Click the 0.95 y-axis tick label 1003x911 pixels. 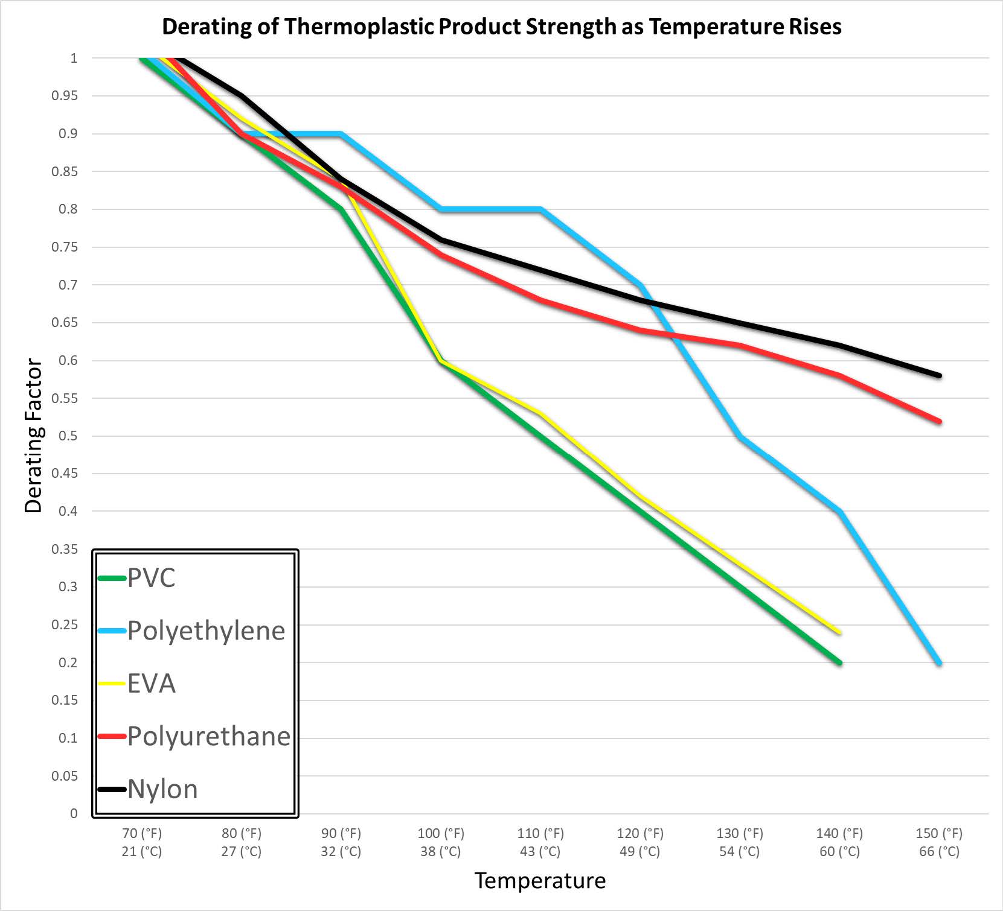65,96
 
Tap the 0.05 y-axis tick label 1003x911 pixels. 65,776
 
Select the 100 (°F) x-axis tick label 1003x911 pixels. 441,834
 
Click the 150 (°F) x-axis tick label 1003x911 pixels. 939,834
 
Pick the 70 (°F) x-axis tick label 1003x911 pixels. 142,834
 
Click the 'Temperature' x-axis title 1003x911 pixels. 540,881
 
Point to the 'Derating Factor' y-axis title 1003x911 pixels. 33,436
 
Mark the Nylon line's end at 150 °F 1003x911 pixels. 940,375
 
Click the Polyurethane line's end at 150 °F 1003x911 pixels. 940,421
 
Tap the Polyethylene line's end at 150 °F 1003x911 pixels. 940,662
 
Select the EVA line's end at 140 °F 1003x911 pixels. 839,632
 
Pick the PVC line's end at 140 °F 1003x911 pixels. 839,662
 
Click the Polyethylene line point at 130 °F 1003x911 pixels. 740,436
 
